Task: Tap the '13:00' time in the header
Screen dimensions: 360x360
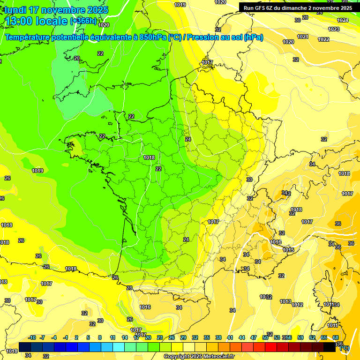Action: click(x=21, y=21)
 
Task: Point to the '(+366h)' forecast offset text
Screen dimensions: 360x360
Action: click(x=83, y=21)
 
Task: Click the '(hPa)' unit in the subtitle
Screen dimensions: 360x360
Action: click(x=254, y=37)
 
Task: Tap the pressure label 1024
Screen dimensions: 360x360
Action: click(x=343, y=20)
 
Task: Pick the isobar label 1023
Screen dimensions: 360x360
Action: click(x=333, y=29)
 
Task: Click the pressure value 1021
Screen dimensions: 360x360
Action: click(x=302, y=37)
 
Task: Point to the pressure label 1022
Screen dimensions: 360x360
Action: click(x=323, y=39)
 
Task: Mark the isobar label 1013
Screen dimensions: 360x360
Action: click(x=285, y=301)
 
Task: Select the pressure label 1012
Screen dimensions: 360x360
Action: click(x=297, y=305)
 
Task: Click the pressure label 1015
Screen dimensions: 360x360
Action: click(x=288, y=250)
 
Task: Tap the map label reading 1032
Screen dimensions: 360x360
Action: click(x=266, y=297)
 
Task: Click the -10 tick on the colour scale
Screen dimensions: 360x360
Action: click(x=32, y=337)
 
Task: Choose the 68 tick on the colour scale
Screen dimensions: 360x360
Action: click(x=336, y=337)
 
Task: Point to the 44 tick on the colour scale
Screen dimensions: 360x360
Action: click(x=242, y=337)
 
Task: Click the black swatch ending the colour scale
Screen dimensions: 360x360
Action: click(x=330, y=347)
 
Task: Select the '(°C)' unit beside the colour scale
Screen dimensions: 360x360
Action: click(x=344, y=347)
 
